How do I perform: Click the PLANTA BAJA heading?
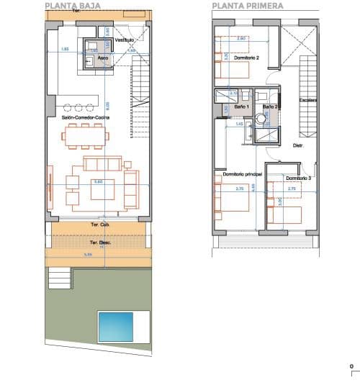pos(72,5)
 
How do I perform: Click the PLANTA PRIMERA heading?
pos(248,5)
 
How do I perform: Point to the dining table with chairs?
pos(84,134)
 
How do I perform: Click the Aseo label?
pos(103,57)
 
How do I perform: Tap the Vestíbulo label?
pos(125,40)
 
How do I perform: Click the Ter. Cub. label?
pos(99,225)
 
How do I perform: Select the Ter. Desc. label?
pos(99,243)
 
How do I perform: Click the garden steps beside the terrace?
pos(59,277)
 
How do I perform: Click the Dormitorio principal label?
pos(242,174)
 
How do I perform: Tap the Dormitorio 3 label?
pos(298,178)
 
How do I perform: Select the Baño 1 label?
pos(241,107)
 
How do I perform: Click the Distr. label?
pos(299,145)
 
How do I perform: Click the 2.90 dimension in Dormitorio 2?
pos(242,38)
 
